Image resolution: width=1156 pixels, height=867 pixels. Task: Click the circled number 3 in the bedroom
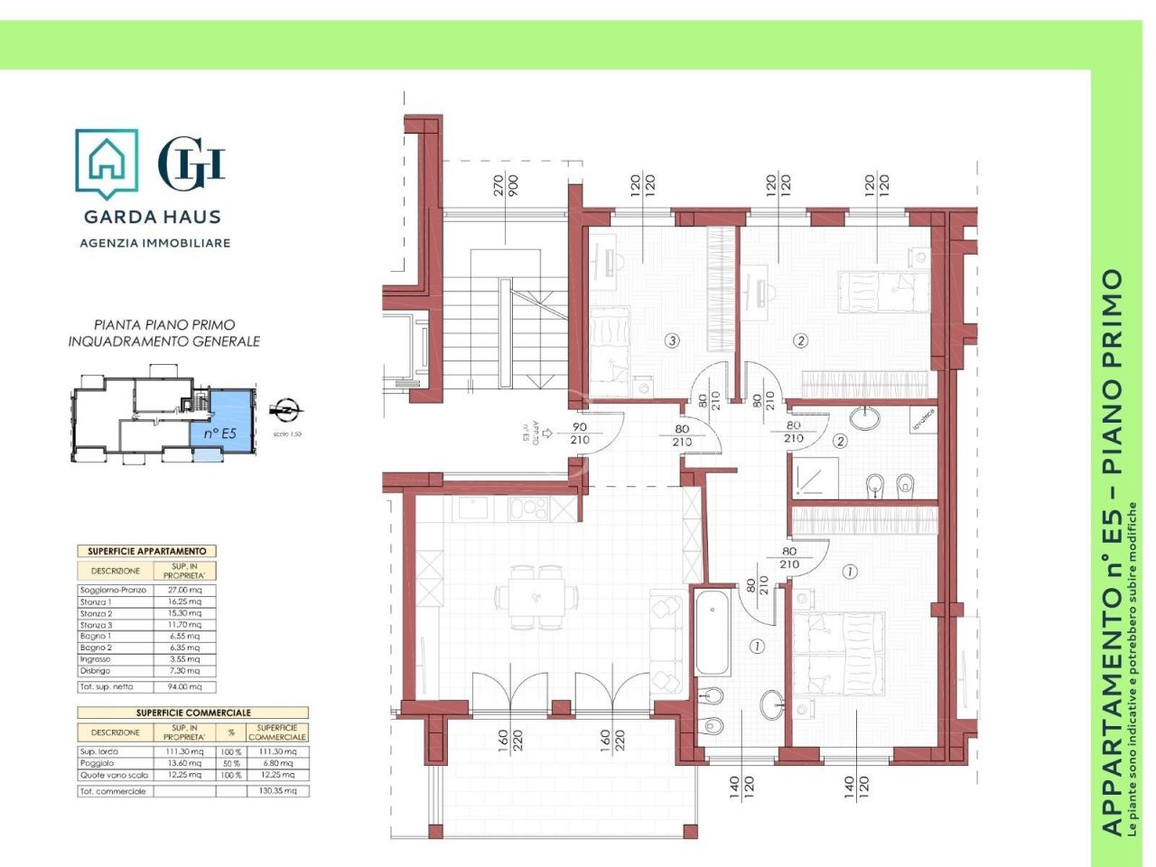(x=671, y=340)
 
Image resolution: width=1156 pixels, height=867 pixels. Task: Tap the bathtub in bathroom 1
(x=713, y=631)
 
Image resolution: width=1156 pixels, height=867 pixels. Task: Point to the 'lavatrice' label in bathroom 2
(x=922, y=418)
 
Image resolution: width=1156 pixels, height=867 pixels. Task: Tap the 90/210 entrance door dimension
(x=579, y=433)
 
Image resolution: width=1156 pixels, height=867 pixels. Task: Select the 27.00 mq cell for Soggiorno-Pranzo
(x=190, y=590)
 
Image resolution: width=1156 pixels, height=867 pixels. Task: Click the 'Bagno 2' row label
(x=96, y=648)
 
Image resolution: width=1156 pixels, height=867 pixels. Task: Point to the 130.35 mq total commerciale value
(x=277, y=791)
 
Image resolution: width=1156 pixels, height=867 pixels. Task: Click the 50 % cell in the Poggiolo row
(x=230, y=763)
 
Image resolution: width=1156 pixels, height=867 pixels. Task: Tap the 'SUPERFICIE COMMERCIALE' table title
(x=193, y=713)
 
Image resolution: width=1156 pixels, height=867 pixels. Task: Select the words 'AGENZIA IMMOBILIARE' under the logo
(x=155, y=243)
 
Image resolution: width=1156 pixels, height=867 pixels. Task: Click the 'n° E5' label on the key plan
(x=219, y=433)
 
